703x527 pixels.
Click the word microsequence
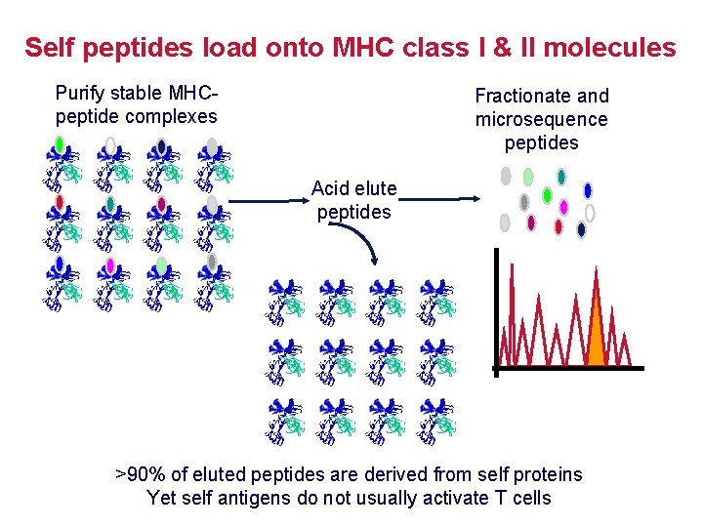point(541,119)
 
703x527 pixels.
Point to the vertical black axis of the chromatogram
point(496,312)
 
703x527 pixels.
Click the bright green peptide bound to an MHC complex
point(60,145)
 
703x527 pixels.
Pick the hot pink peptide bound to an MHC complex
point(110,264)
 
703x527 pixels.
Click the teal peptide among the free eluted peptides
point(561,177)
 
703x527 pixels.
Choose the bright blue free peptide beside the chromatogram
point(588,190)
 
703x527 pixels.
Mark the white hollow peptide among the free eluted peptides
point(590,213)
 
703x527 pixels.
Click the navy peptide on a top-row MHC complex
point(161,146)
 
